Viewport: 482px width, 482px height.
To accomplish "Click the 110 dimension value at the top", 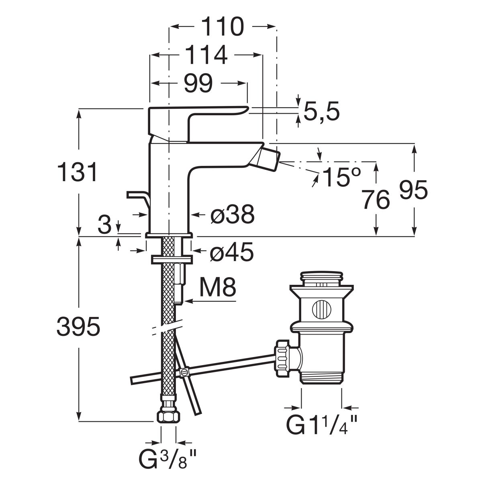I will (x=223, y=27).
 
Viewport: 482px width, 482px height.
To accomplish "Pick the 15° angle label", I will (x=341, y=177).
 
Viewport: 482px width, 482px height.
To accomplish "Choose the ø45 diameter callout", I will (x=232, y=252).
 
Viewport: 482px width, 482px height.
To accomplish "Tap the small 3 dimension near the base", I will (x=104, y=226).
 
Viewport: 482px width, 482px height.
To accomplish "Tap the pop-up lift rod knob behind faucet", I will (x=137, y=196).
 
